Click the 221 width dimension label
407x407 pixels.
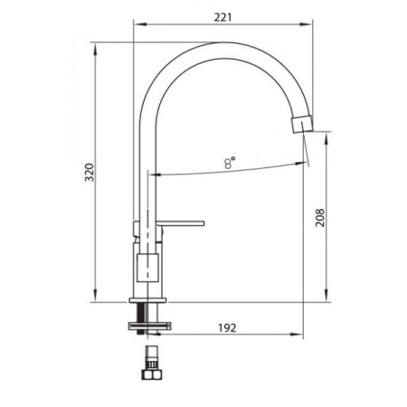[x=222, y=17]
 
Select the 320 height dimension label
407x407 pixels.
[x=90, y=173]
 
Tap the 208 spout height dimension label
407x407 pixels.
[x=320, y=218]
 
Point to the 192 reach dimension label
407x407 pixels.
[x=227, y=327]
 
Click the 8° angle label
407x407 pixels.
[x=230, y=163]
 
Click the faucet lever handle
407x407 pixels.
[x=180, y=223]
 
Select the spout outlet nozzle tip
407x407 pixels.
[x=302, y=124]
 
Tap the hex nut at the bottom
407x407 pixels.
[x=152, y=375]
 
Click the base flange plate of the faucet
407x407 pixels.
[x=147, y=300]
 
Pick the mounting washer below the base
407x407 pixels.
[x=149, y=327]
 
